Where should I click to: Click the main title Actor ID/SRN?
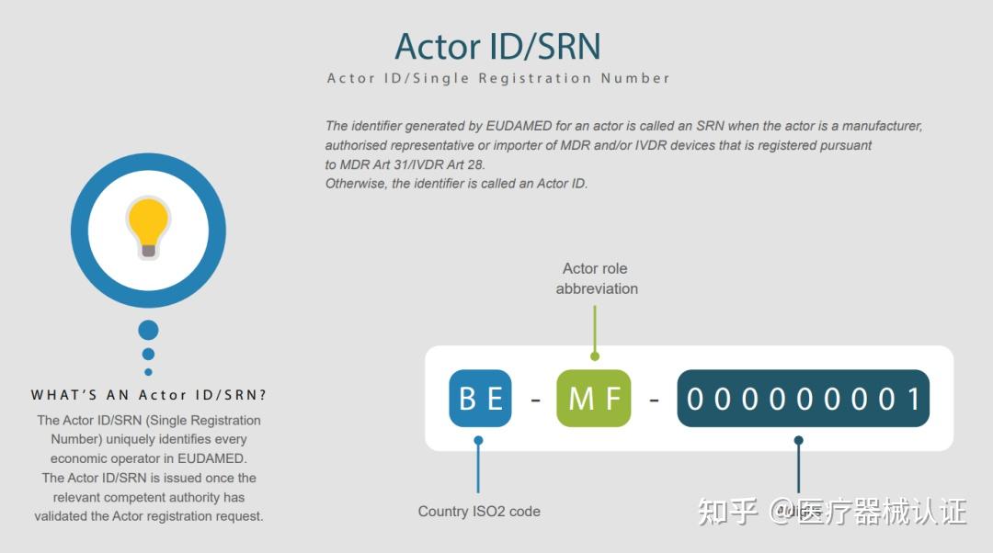[497, 47]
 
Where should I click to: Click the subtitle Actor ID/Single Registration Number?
[498, 78]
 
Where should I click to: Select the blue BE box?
[480, 399]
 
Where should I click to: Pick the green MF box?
[594, 399]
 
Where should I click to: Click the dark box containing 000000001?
[803, 399]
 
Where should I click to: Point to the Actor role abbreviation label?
[596, 278]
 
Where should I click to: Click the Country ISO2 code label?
[479, 511]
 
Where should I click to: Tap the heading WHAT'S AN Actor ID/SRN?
[149, 395]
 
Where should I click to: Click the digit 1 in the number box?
[913, 399]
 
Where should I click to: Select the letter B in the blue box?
[468, 399]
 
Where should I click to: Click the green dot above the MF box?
[595, 355]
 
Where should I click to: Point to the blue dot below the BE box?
[478, 441]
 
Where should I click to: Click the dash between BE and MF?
[534, 400]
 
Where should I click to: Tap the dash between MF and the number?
[654, 400]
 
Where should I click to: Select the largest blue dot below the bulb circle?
[148, 330]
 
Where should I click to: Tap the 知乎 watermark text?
[727, 511]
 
